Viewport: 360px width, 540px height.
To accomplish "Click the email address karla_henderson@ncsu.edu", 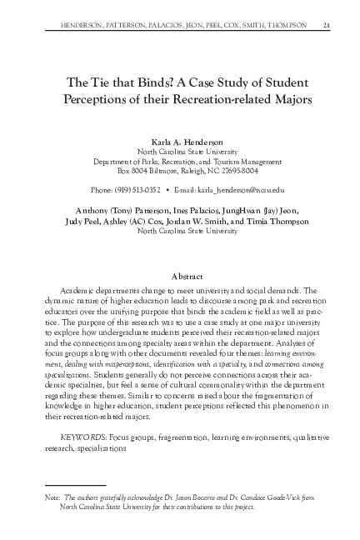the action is point(240,189).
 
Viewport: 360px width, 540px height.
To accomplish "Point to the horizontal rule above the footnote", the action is point(75,484).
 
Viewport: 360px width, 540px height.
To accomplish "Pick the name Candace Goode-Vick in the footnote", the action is point(243,496).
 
